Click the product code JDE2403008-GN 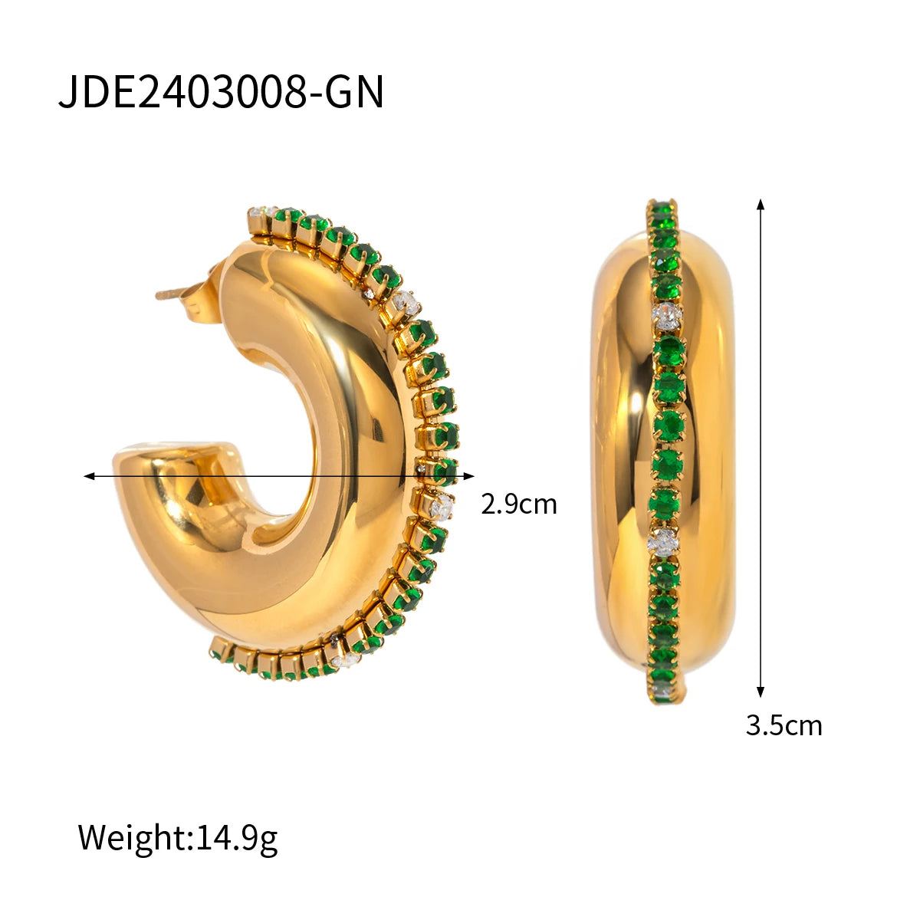click(x=221, y=93)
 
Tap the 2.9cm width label click(x=518, y=504)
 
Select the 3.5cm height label click(x=783, y=725)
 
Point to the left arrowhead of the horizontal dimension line click(x=89, y=476)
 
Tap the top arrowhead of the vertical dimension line click(x=761, y=204)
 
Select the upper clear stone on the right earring click(x=665, y=314)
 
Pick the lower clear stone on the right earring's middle click(x=663, y=542)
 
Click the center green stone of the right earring click(x=669, y=424)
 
